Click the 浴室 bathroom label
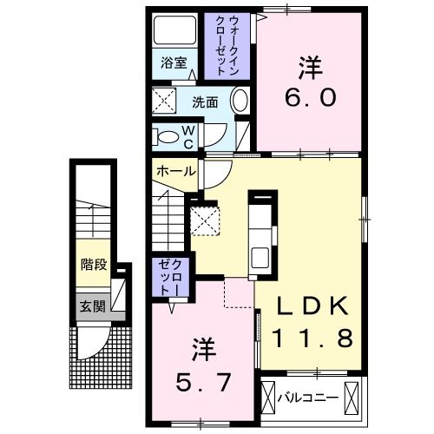point(174,62)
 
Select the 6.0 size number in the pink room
point(307,96)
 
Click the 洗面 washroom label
point(205,101)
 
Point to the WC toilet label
point(187,135)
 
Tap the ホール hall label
point(174,171)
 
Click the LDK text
point(313,306)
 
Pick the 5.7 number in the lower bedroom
point(203,379)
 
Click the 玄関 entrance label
point(93,306)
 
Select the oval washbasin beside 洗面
point(240,102)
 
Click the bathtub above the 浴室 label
point(174,33)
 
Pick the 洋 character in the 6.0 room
point(307,66)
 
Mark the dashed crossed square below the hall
point(206,220)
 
